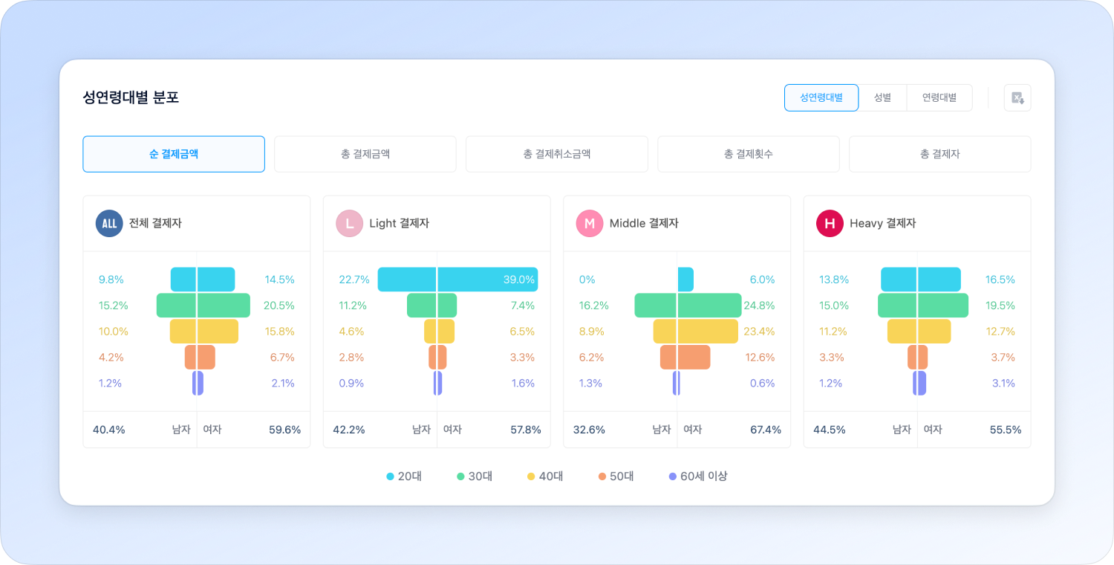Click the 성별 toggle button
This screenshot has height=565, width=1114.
[x=882, y=97]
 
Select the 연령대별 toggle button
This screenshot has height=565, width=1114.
[x=939, y=97]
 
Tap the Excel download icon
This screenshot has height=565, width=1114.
[x=1017, y=97]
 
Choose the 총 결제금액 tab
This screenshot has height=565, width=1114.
[x=365, y=154]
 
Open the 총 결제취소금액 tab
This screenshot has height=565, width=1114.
[x=556, y=154]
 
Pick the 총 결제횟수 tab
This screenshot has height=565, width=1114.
[x=748, y=154]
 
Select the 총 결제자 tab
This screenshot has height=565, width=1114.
[x=939, y=154]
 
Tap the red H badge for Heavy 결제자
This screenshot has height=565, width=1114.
[x=830, y=223]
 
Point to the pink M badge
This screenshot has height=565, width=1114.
[x=590, y=223]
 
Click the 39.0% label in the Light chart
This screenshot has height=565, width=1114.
[x=518, y=280]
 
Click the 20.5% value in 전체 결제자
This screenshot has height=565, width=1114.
[x=278, y=306]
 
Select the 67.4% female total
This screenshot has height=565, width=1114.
[x=766, y=430]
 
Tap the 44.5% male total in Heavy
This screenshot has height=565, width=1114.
[x=829, y=430]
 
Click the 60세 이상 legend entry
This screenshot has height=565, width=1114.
[x=698, y=476]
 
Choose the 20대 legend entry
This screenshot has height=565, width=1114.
[x=404, y=476]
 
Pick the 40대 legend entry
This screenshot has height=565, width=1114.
[x=545, y=476]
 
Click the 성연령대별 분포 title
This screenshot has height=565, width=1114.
[x=131, y=97]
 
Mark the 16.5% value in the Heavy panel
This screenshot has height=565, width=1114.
[x=1000, y=280]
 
